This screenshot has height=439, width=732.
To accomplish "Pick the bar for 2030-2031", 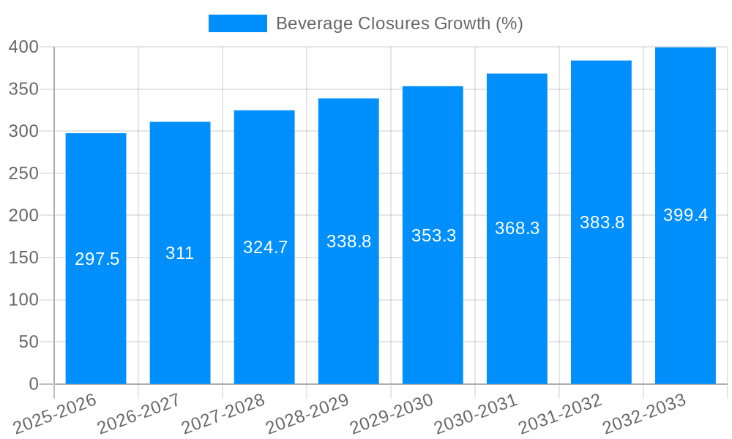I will [517, 307].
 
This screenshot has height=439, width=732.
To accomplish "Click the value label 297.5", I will [97, 259].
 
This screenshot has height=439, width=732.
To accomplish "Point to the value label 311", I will [179, 253].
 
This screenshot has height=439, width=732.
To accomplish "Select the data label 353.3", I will [433, 236].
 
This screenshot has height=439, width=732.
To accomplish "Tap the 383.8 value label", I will [602, 222].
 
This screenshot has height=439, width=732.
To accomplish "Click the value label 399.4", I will [685, 215].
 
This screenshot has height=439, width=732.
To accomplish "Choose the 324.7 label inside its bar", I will [265, 247].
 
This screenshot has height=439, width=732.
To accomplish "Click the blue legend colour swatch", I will [237, 23].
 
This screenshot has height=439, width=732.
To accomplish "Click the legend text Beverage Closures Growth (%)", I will [399, 23].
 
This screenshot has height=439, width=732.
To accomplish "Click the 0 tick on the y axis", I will [33, 384].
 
